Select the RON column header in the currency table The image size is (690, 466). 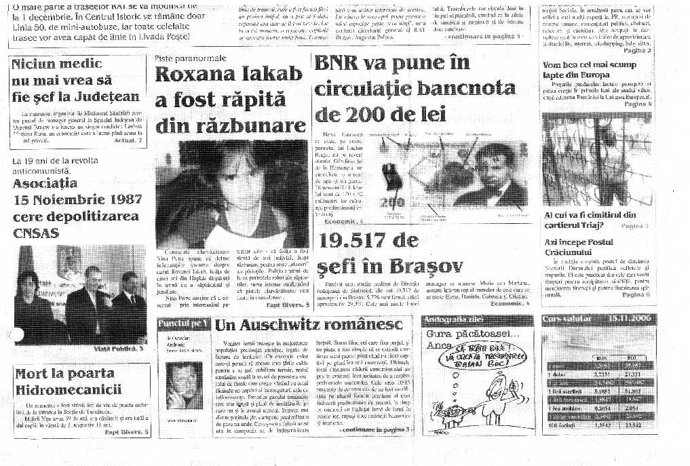coord(600,358)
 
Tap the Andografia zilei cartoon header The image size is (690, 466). coord(448,319)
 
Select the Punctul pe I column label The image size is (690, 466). coord(182,324)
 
